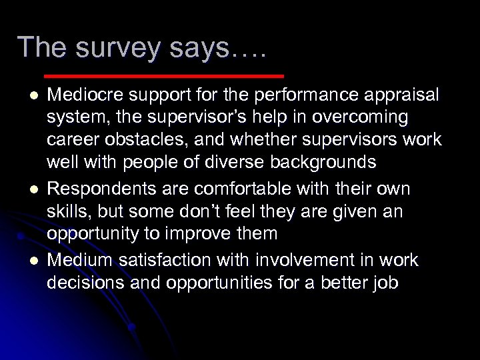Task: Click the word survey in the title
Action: pos(111,48)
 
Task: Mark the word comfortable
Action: pos(238,189)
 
